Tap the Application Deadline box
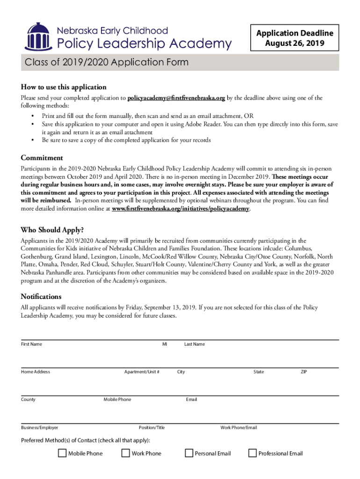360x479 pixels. click(295, 38)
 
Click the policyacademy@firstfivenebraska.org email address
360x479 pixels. click(176, 98)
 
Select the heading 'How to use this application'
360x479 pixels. click(64, 87)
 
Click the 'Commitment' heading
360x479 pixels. click(42, 158)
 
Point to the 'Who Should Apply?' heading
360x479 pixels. click(52, 230)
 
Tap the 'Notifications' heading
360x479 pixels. click(41, 297)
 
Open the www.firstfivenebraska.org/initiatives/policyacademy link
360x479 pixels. click(181, 209)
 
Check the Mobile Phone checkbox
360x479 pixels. click(62, 453)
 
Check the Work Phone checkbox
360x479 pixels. click(125, 453)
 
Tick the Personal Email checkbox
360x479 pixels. click(189, 453)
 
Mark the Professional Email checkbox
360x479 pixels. click(252, 453)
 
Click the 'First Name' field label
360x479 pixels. click(31, 344)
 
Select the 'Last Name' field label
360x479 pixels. click(194, 344)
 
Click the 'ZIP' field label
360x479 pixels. click(304, 372)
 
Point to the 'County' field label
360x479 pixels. click(28, 399)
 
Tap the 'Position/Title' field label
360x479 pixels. click(151, 428)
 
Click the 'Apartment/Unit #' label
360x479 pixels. click(142, 372)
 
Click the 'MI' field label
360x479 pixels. click(165, 344)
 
